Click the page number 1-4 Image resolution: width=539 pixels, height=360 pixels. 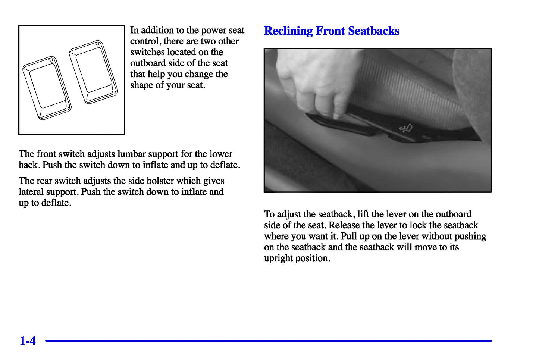click(x=28, y=341)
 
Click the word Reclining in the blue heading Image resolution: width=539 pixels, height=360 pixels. click(x=288, y=31)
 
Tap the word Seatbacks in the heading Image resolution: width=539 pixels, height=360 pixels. click(x=374, y=31)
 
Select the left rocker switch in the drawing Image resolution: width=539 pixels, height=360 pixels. click(x=47, y=88)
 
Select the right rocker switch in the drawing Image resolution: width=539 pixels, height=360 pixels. click(x=93, y=72)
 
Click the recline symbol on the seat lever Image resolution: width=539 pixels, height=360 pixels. click(x=407, y=128)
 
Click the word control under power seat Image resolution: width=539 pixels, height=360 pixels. click(x=146, y=41)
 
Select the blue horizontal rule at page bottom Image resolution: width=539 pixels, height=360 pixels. click(x=268, y=341)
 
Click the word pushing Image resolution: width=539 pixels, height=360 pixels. click(x=470, y=237)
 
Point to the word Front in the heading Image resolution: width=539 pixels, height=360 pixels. click(x=330, y=31)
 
